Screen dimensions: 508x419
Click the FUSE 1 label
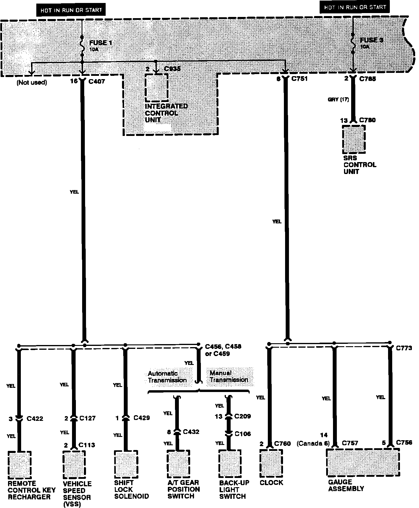point(101,43)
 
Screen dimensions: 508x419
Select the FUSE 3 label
point(372,40)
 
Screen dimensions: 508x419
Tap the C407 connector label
point(97,81)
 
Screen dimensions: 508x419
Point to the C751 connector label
point(299,79)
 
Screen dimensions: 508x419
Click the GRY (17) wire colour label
point(338,100)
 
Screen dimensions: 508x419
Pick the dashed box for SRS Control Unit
point(354,139)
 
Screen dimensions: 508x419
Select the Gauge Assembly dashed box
point(363,462)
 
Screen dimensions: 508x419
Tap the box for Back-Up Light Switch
point(230,463)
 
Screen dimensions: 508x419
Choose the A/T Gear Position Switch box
point(178,463)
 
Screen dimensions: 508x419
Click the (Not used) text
point(32,83)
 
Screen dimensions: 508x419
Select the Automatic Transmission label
point(167,377)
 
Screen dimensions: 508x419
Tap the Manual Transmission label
point(229,376)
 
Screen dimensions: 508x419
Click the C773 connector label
point(404,348)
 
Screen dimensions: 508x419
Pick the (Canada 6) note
point(313,443)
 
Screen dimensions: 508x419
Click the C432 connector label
point(191,432)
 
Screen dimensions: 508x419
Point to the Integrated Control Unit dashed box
point(156,87)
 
